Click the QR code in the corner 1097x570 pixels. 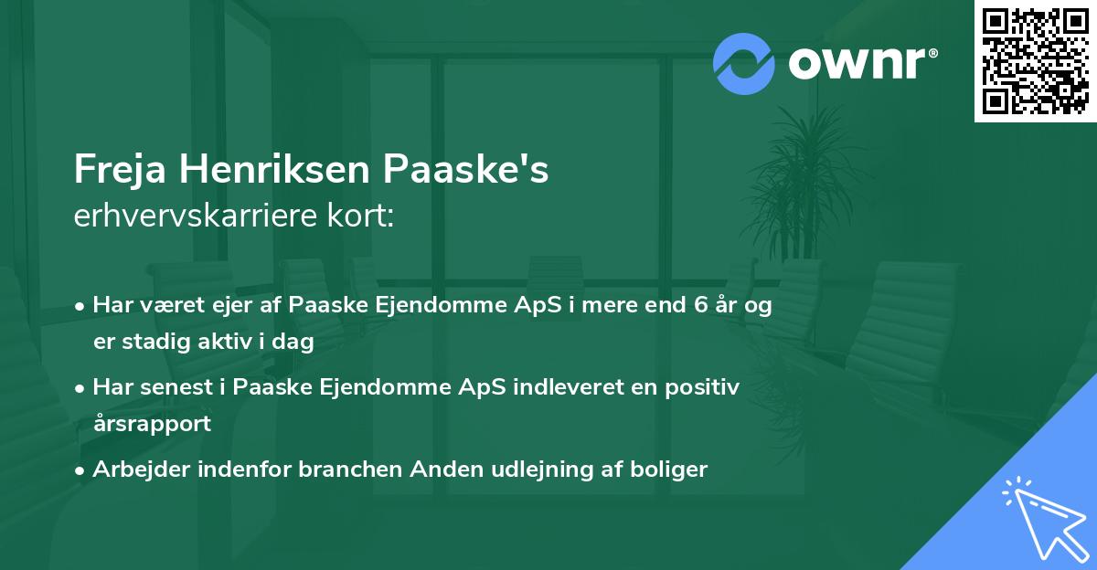tap(1035, 61)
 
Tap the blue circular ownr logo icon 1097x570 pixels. tap(744, 63)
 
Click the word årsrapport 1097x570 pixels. tap(152, 424)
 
